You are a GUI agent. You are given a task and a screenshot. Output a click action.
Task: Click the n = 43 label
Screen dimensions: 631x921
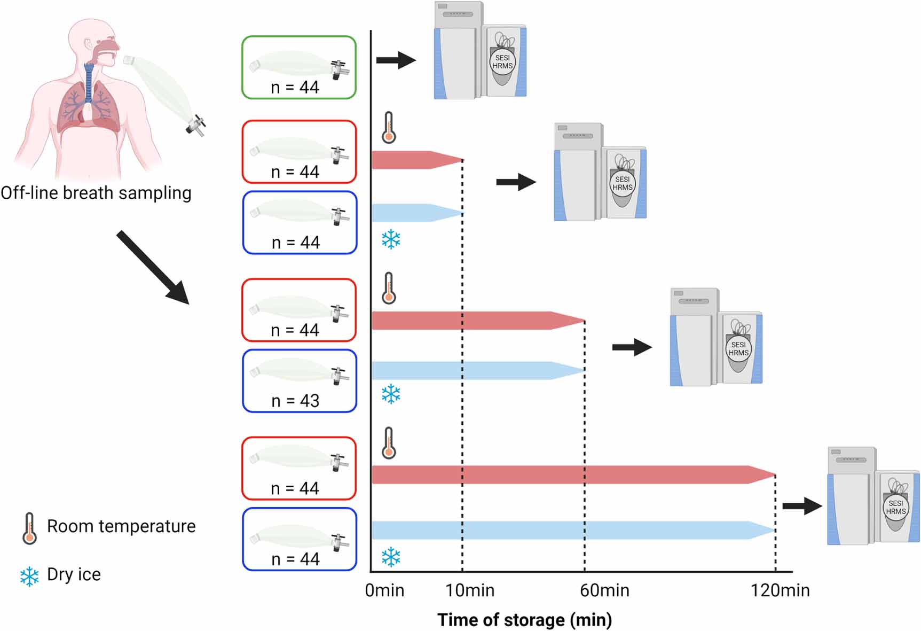point(295,401)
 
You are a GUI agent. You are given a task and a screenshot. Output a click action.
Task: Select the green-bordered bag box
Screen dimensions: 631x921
point(299,67)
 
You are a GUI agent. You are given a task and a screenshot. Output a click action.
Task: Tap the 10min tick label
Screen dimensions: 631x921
point(470,590)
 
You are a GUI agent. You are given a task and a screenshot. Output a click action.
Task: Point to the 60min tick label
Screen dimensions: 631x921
point(604,590)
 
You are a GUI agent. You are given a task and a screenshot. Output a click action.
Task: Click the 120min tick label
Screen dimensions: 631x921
point(780,590)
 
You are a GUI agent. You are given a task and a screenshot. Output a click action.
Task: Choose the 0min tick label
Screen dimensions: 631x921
point(384,590)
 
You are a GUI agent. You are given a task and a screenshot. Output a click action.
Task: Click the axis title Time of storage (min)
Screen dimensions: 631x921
point(524,620)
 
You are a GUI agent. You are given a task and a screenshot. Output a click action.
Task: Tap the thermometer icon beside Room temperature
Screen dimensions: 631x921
point(29,528)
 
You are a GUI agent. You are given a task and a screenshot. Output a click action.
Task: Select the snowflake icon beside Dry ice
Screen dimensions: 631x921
point(29,577)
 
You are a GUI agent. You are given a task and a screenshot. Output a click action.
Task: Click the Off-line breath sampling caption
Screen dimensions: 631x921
point(96,193)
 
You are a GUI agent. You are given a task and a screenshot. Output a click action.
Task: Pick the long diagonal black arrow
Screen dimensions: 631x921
point(153,267)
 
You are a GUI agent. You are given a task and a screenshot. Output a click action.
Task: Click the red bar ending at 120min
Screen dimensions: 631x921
point(571,475)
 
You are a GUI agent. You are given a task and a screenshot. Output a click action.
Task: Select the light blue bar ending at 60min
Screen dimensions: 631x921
point(475,370)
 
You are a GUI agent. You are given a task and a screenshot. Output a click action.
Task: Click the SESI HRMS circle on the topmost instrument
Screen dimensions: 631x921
point(502,62)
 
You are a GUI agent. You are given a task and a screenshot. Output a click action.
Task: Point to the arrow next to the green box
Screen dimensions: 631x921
point(396,60)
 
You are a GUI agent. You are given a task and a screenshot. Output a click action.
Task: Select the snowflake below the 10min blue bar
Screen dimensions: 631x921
point(391,239)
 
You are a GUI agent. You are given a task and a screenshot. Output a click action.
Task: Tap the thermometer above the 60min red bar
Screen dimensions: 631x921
point(389,289)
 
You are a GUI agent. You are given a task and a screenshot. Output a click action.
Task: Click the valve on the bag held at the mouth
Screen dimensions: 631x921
point(196,125)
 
